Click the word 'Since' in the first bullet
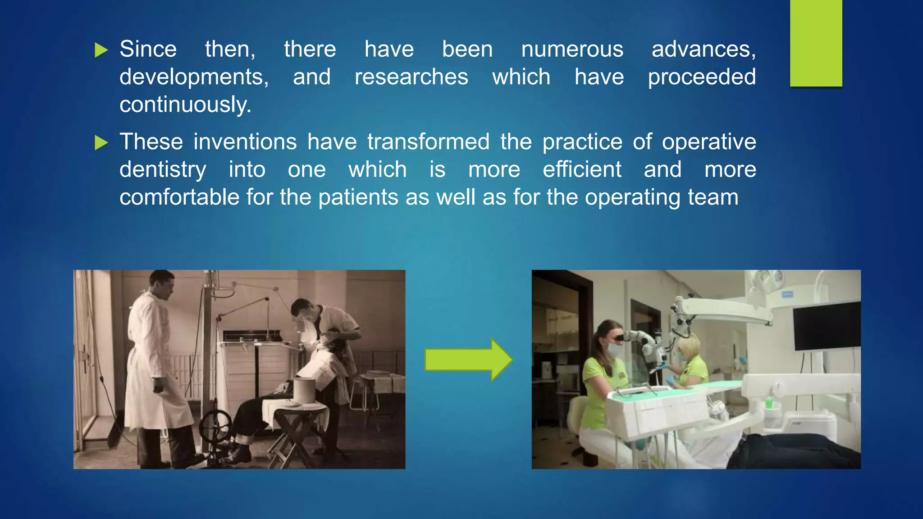tap(148, 49)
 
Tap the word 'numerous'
tap(572, 49)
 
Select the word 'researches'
tap(411, 77)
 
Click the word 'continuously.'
tap(185, 105)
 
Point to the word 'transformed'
tap(428, 142)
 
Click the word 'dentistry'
tap(163, 170)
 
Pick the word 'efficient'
tap(582, 170)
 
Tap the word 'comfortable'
tap(179, 197)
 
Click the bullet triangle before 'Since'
tap(101, 50)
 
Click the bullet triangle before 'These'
tap(101, 143)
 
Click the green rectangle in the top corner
tap(816, 43)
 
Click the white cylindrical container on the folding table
tap(305, 390)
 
